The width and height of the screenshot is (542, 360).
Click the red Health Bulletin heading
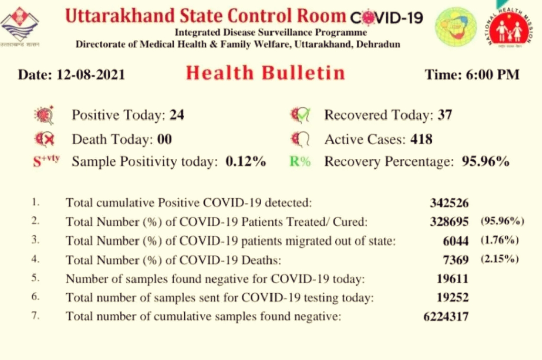click(x=265, y=73)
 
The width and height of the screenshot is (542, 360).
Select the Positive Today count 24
click(x=177, y=115)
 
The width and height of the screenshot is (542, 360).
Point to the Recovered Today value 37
click(x=445, y=115)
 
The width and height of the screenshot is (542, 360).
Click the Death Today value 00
click(x=165, y=139)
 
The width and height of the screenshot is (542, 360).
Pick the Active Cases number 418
click(x=421, y=139)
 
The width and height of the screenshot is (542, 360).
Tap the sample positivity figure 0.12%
click(x=246, y=162)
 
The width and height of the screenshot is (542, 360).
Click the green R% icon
click(x=300, y=162)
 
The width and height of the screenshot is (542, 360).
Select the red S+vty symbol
click(x=46, y=161)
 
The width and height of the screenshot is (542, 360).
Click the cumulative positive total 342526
click(x=449, y=203)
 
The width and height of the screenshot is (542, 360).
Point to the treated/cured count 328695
click(x=449, y=222)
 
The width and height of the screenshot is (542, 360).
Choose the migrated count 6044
click(x=456, y=241)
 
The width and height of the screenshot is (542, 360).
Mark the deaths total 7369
click(x=456, y=260)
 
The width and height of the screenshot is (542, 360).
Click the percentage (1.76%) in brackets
click(x=500, y=241)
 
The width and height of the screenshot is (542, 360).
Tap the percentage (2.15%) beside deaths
click(x=500, y=259)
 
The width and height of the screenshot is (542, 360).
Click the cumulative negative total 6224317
click(x=446, y=317)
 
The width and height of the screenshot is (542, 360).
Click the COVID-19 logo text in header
click(x=386, y=18)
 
